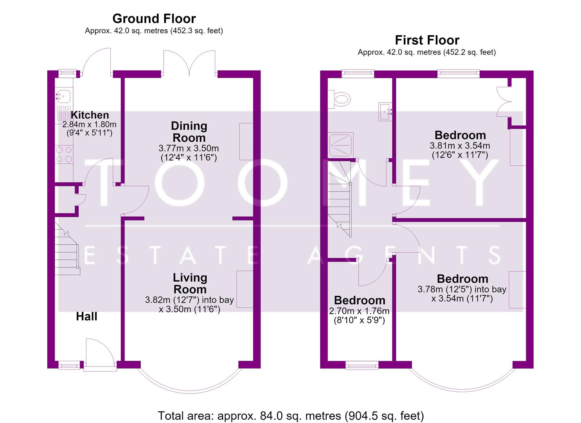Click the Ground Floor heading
point(154,19)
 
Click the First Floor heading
point(427,40)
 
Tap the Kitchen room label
point(90,115)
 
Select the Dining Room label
point(189,132)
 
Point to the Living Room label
point(190,284)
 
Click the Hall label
point(86,316)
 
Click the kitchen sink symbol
point(63,96)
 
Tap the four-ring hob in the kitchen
point(64,154)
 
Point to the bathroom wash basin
point(385,112)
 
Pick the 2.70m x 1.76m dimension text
point(359,311)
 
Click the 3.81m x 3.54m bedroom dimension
point(460,146)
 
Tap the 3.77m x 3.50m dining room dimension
point(189,148)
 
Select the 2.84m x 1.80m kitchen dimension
point(89,125)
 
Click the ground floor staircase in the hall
point(67,248)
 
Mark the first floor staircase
point(340,199)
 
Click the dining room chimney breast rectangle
point(246,141)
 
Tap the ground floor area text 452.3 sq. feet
point(197,31)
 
